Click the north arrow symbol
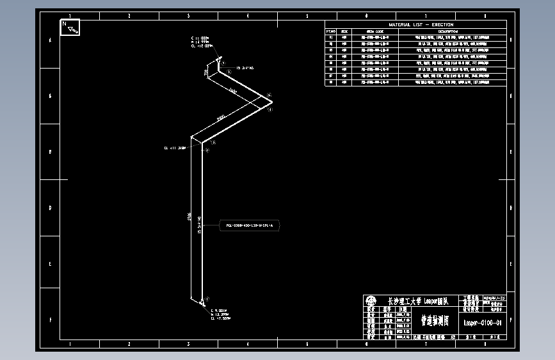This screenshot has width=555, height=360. (70, 28)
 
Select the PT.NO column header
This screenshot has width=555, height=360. (331, 31)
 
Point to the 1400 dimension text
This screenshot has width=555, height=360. (232, 92)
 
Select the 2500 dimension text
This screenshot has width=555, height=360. (221, 119)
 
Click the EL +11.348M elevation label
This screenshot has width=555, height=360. (175, 148)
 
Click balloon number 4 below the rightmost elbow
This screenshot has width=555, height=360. (270, 110)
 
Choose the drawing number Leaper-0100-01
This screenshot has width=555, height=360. (482, 323)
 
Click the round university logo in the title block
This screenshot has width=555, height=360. (371, 300)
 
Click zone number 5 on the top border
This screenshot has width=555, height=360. (307, 15)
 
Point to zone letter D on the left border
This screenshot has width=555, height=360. (51, 208)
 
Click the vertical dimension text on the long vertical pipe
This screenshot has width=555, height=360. (189, 218)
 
